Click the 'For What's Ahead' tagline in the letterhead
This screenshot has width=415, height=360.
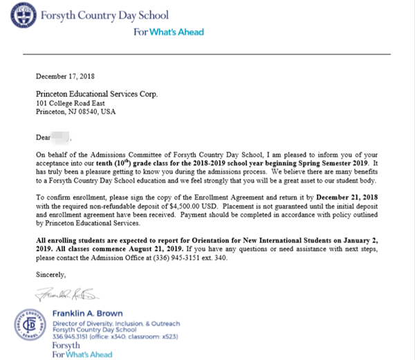169,32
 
